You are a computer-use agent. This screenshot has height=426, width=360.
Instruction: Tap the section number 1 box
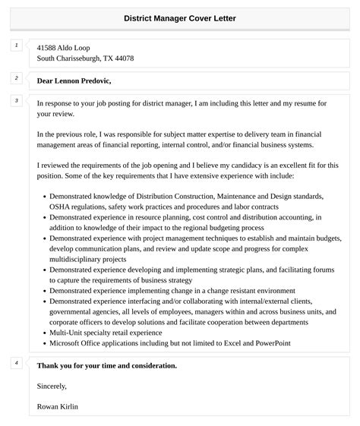(16, 46)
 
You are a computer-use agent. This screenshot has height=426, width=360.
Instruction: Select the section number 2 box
(16, 77)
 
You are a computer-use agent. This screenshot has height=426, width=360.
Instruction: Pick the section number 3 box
(16, 100)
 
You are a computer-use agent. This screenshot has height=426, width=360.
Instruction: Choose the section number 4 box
(16, 363)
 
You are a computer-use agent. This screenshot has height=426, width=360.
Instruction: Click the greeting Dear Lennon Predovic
(79, 80)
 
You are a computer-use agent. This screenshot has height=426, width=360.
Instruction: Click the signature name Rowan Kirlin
(58, 406)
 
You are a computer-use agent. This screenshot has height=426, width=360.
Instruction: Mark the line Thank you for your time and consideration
(106, 365)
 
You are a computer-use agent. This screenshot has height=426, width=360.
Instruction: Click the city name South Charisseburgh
(74, 58)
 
